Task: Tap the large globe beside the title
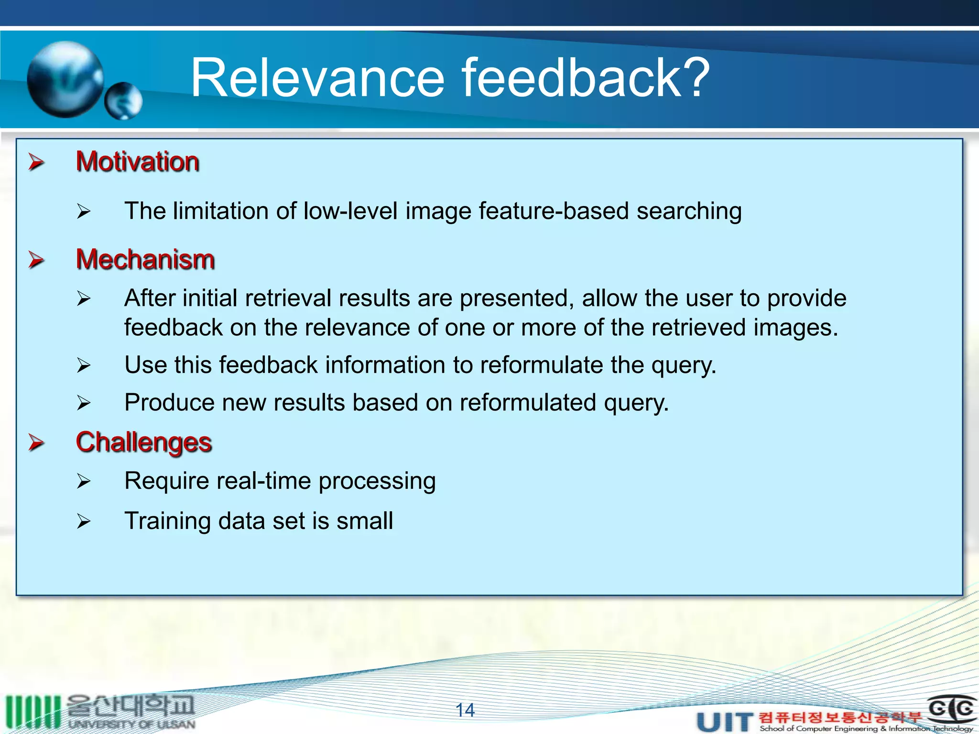tap(65, 79)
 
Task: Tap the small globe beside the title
tap(123, 101)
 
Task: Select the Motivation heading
tap(137, 162)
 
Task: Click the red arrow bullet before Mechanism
tap(36, 259)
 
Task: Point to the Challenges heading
tap(143, 442)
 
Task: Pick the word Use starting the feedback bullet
tap(145, 365)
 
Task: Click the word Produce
tap(169, 402)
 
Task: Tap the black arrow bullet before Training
tap(83, 521)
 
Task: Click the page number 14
tap(465, 711)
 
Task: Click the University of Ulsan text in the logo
tap(131, 724)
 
